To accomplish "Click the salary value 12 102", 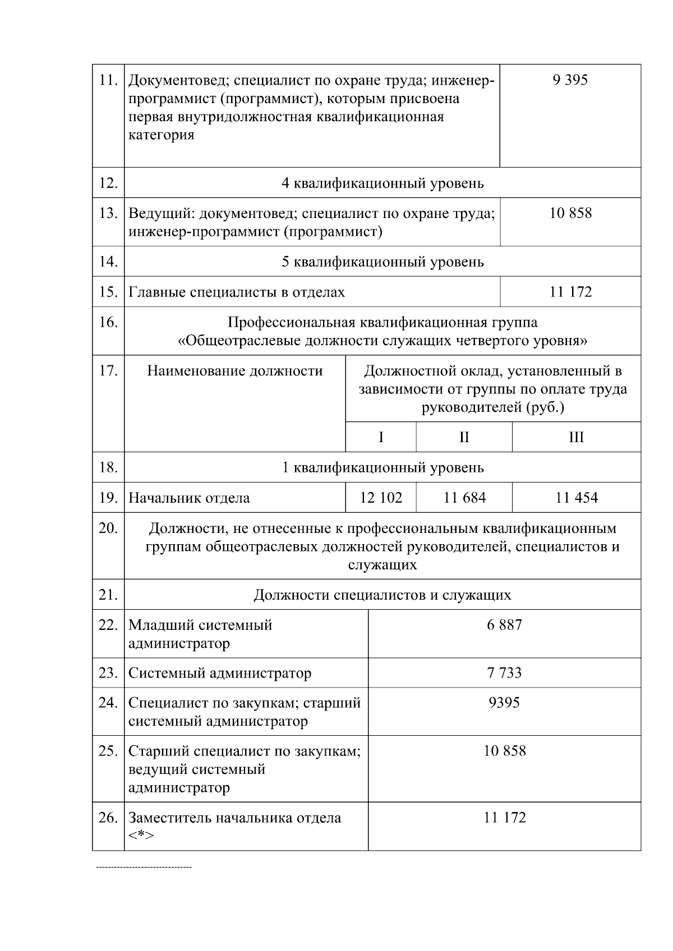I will pyautogui.click(x=381, y=498).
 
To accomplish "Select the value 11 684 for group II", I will pyautogui.click(x=464, y=498).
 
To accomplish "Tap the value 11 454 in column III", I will pyautogui.click(x=577, y=498).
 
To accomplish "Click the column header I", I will pyautogui.click(x=381, y=437).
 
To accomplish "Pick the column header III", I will pyautogui.click(x=577, y=437).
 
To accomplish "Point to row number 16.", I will pyautogui.click(x=108, y=322).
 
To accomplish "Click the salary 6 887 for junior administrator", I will pyautogui.click(x=504, y=624).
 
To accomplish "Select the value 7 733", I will pyautogui.click(x=504, y=672).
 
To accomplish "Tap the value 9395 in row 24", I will pyautogui.click(x=504, y=702).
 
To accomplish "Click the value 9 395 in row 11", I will pyautogui.click(x=570, y=80).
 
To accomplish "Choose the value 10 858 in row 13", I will pyautogui.click(x=570, y=214).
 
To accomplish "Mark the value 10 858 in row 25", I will pyautogui.click(x=505, y=751).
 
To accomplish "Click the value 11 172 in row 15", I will pyautogui.click(x=570, y=292).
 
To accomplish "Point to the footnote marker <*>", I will pyautogui.click(x=141, y=836).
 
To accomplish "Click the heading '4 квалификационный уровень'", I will pyautogui.click(x=382, y=183).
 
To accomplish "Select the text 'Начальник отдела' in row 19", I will pyautogui.click(x=189, y=498).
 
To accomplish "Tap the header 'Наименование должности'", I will pyautogui.click(x=235, y=371).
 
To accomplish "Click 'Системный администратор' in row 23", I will pyautogui.click(x=220, y=673).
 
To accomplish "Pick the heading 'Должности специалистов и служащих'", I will pyautogui.click(x=382, y=595).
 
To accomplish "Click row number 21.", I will pyautogui.click(x=108, y=595).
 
